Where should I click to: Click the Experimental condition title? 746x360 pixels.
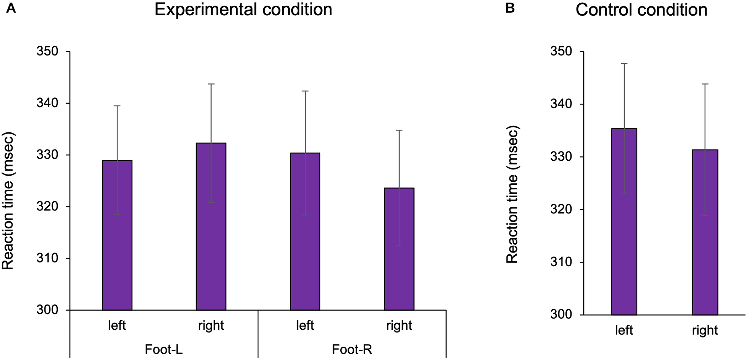click(243, 10)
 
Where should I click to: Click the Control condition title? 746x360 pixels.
click(641, 10)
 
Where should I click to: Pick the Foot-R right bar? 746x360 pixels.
click(399, 249)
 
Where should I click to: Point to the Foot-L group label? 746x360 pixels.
click(163, 349)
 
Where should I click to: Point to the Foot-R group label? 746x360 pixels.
click(352, 349)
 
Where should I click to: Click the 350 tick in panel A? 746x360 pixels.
click(47, 52)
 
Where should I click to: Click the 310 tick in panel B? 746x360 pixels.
click(561, 262)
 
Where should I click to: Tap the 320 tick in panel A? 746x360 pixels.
click(47, 207)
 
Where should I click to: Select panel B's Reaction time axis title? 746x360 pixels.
click(512, 195)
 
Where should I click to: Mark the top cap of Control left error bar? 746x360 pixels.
click(624, 63)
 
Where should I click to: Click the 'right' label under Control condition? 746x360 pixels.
click(705, 330)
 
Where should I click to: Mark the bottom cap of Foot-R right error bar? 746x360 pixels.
click(399, 246)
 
